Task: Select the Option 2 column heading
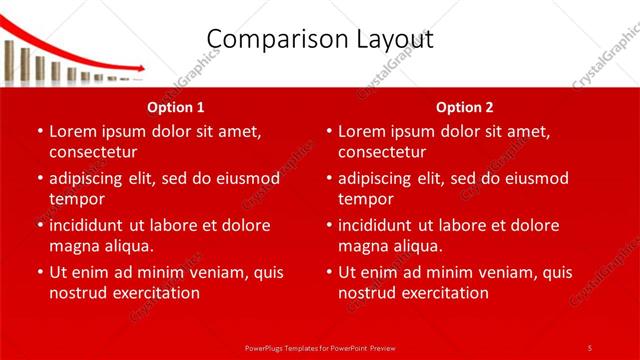(465, 106)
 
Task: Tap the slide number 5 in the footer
(589, 347)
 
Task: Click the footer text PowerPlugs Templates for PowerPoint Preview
(319, 347)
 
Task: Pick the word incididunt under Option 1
(91, 225)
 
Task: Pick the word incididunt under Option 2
(381, 225)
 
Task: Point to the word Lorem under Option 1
(72, 131)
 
